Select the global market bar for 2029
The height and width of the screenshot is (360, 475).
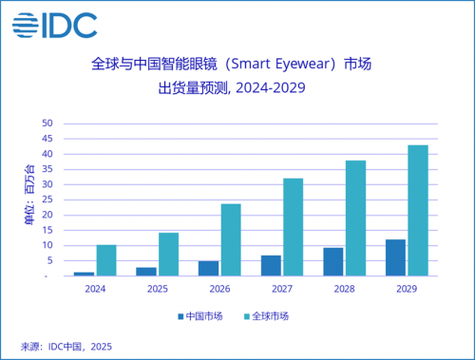[x=417, y=210]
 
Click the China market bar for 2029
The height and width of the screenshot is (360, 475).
[x=395, y=257]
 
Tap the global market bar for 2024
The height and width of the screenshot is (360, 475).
[x=106, y=260]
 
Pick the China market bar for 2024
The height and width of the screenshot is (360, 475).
[x=85, y=274]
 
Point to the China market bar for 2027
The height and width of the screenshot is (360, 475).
[x=271, y=265]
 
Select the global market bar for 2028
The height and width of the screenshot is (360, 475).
[x=355, y=218]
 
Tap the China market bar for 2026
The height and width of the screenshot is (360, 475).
[x=209, y=268]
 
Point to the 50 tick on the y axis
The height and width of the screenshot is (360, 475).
[x=46, y=123]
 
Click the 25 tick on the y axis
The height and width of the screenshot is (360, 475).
[x=46, y=199]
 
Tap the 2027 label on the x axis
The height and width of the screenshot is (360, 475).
[x=281, y=289]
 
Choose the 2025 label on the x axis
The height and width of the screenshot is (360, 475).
[x=158, y=289]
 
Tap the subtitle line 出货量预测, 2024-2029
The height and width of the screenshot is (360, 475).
[x=237, y=90]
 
